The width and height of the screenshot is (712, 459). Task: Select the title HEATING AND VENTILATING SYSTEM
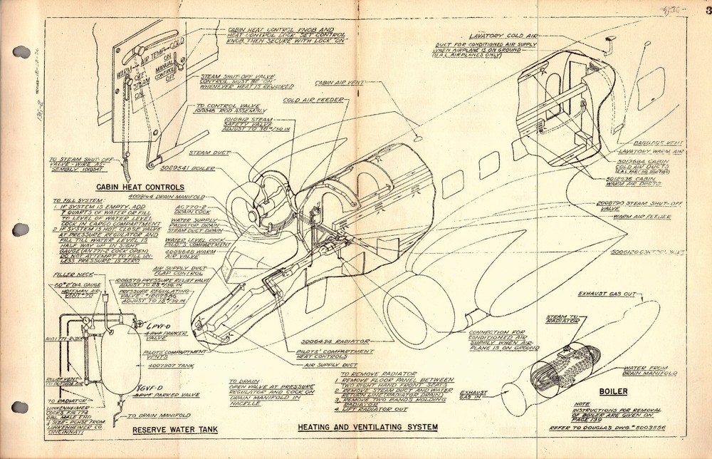tap(367, 427)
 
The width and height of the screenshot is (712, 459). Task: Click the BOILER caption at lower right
tap(612, 391)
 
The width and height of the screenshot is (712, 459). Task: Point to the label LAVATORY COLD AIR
tap(499, 36)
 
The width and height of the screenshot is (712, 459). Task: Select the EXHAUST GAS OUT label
tap(605, 293)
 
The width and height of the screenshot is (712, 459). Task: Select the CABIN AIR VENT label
tap(340, 83)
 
